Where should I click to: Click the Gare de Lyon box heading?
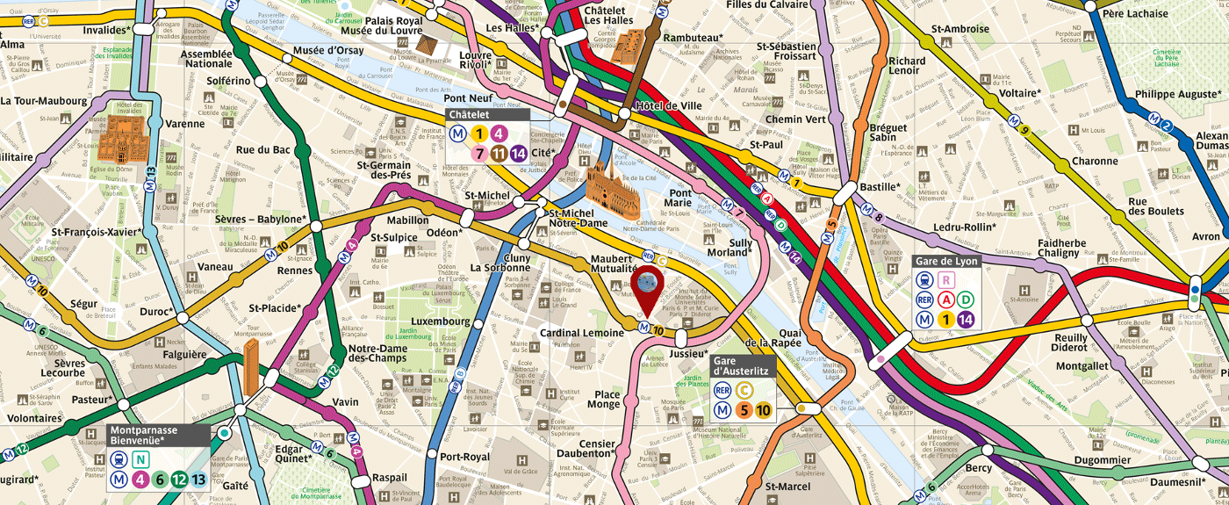946,261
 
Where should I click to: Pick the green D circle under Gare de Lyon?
967,299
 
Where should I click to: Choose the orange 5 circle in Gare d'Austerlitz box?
743,409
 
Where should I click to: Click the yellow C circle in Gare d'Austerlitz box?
744,390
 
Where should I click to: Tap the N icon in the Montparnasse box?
139,458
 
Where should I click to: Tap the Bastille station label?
880,187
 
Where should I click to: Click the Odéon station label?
444,233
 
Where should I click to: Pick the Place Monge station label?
607,400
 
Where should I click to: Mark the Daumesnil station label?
1175,482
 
